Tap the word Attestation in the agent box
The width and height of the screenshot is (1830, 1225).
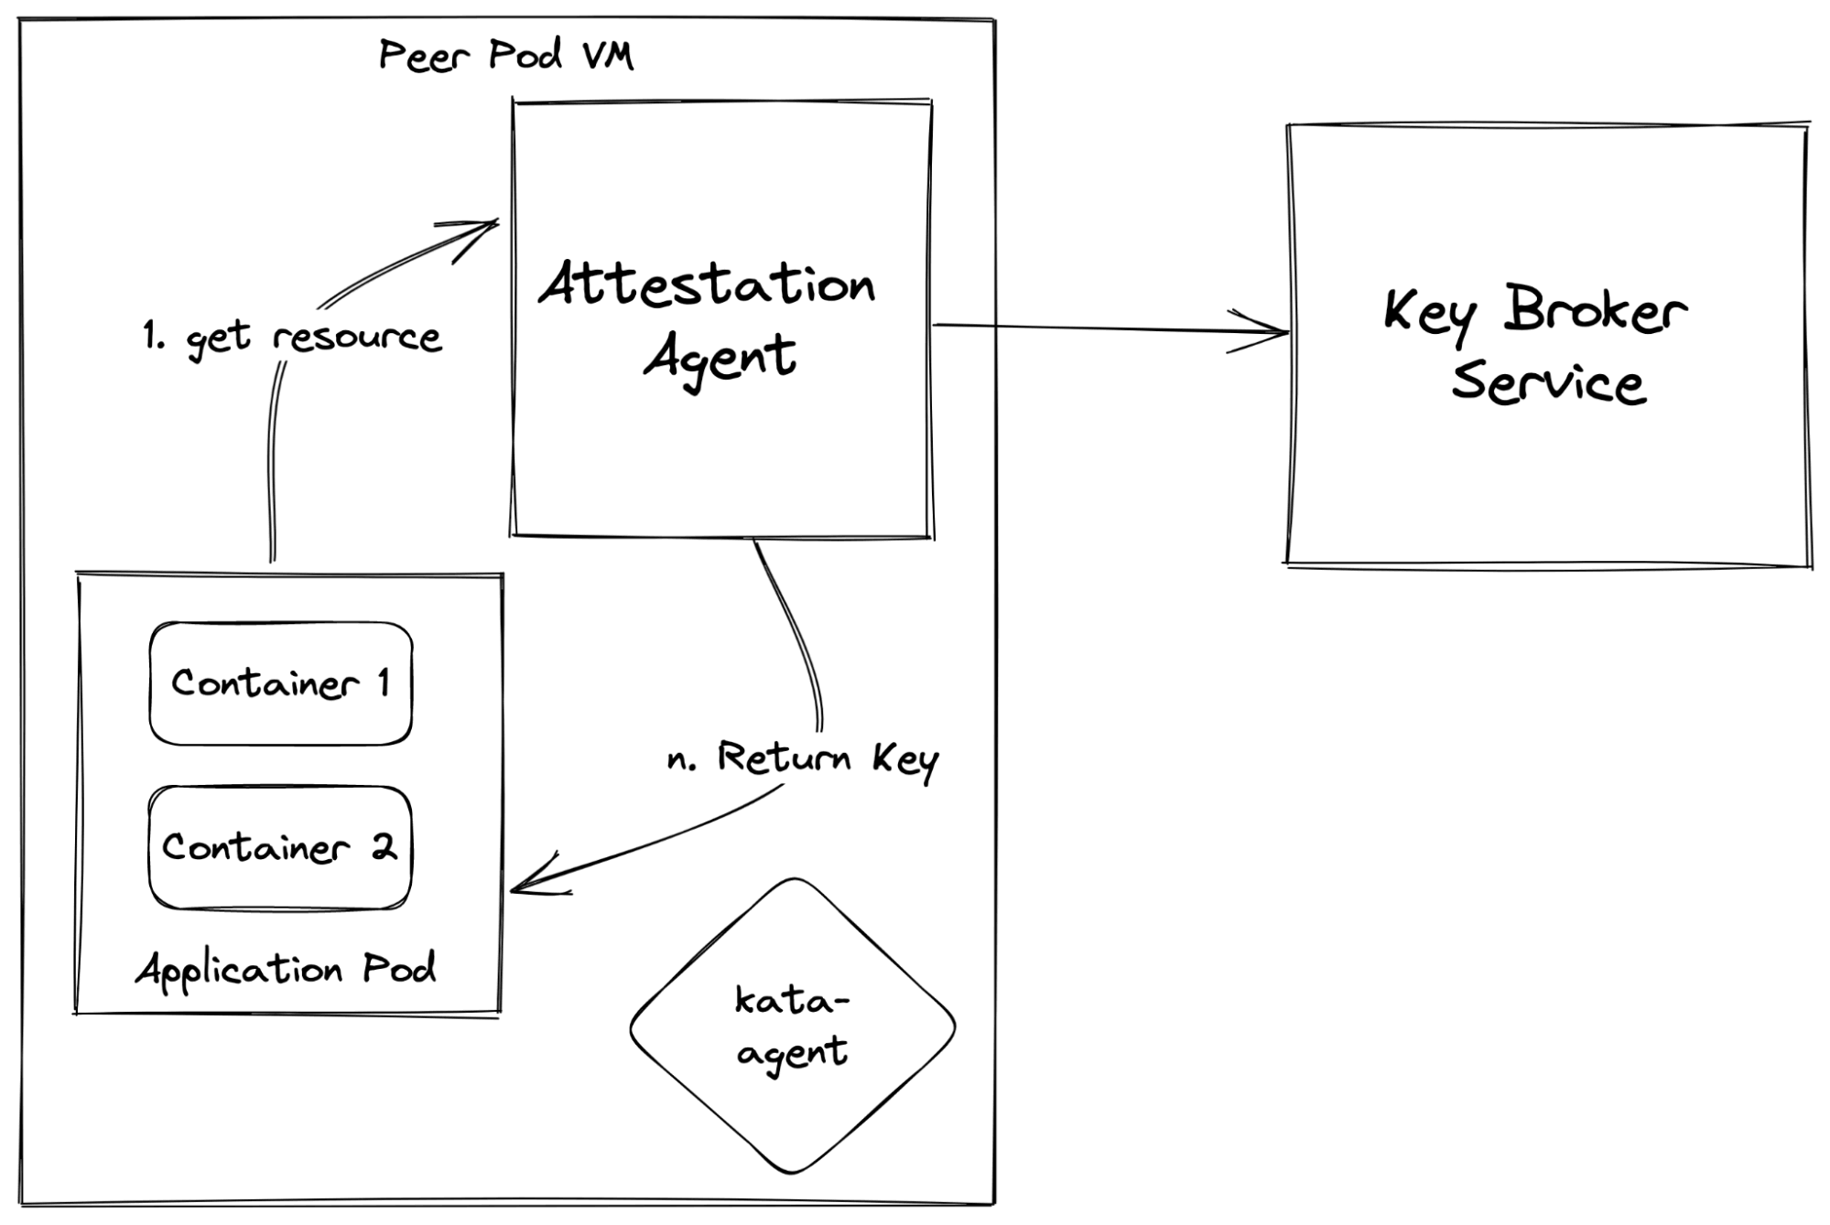pos(707,283)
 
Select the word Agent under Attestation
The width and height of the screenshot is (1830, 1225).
pos(720,359)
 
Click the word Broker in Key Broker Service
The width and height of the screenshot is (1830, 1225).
pos(1595,310)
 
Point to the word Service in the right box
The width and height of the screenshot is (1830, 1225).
pos(1548,381)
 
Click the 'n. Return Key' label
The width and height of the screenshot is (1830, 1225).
pos(803,760)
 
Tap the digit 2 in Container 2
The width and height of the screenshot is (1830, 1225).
pos(384,847)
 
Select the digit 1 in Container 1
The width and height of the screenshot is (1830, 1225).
pos(384,682)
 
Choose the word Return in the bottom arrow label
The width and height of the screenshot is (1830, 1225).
pos(785,757)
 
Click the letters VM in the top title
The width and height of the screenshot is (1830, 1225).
pos(608,55)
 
